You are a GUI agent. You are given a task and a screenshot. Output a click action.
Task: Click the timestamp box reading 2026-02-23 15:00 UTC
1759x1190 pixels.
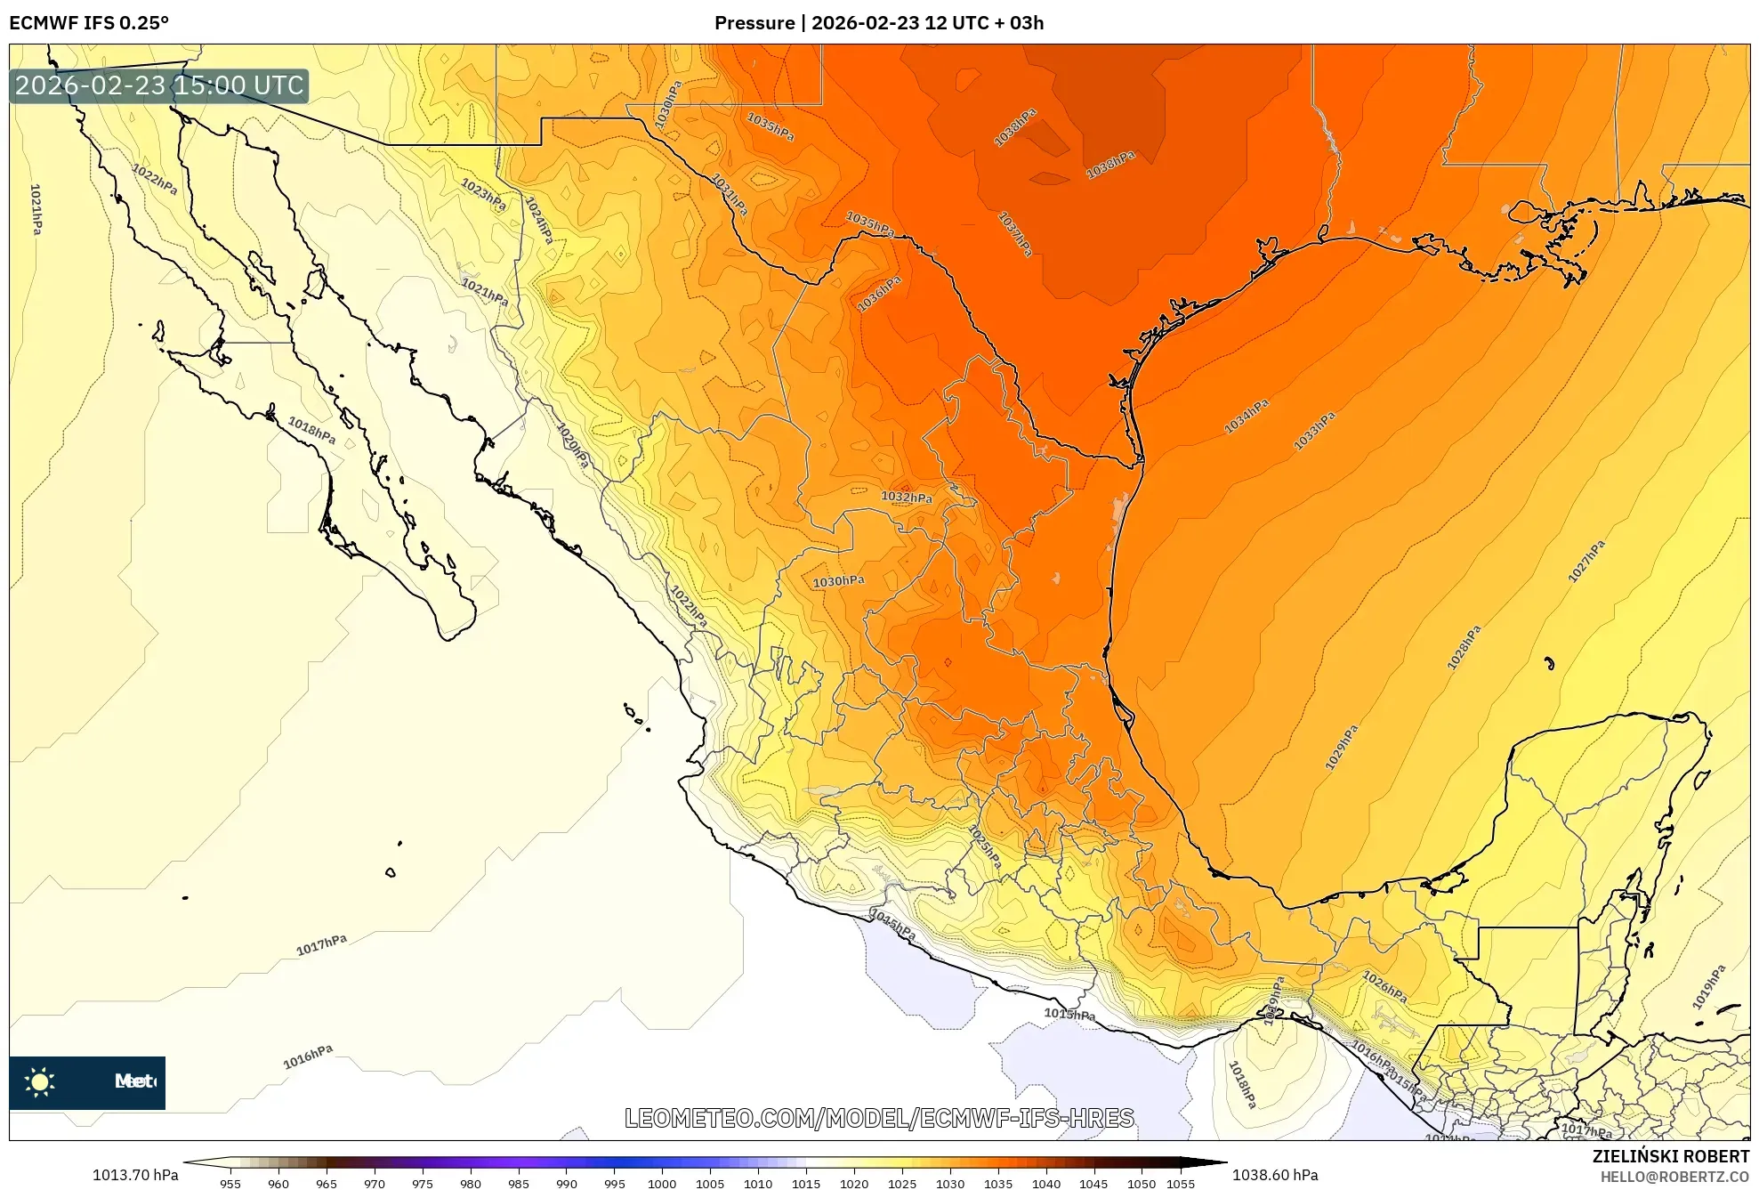[159, 85]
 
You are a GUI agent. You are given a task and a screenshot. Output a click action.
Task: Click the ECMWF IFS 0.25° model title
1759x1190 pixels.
[89, 23]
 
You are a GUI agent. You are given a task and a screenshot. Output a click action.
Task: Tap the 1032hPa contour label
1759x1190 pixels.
[906, 497]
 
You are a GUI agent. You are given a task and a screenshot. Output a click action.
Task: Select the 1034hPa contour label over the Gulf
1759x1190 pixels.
[1246, 417]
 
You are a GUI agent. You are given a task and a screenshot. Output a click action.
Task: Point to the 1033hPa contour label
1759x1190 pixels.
[1314, 431]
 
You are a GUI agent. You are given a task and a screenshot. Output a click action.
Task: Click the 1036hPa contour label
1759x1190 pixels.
[879, 294]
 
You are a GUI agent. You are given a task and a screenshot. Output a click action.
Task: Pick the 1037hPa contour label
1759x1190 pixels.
[1015, 233]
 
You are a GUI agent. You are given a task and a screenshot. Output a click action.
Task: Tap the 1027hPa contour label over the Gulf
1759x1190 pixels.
[1586, 561]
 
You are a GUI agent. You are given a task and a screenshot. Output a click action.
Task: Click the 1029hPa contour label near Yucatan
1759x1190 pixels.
[1341, 747]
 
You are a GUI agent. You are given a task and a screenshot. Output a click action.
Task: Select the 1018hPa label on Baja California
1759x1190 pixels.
[311, 430]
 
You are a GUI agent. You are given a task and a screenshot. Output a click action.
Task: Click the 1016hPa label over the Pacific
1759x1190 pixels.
[308, 1056]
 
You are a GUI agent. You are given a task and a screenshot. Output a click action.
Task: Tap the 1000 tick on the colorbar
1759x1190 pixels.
[662, 1184]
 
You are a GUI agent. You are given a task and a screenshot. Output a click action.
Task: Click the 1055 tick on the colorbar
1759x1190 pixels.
[1180, 1184]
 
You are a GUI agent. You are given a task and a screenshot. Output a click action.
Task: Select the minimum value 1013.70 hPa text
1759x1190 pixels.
[135, 1175]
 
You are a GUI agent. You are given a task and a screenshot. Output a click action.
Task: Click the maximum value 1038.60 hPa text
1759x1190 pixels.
[1274, 1175]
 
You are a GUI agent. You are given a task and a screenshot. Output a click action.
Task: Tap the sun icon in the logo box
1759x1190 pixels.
[40, 1081]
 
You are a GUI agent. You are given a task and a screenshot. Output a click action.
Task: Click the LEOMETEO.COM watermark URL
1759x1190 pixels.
[879, 1118]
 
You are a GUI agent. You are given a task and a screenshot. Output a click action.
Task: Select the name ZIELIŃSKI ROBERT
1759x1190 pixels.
[1670, 1156]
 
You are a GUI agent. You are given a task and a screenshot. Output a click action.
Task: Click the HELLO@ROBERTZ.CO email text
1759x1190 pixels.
[1674, 1177]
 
